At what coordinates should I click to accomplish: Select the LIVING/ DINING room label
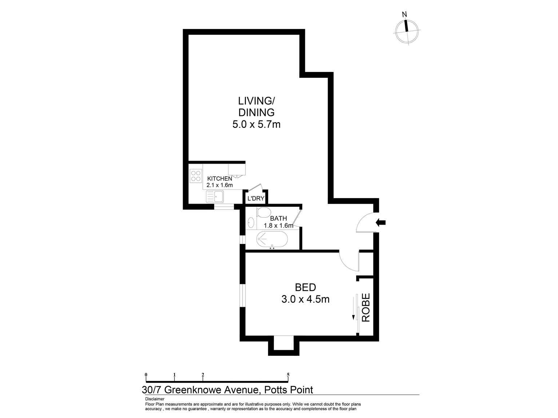256,106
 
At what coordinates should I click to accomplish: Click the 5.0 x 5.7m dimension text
256,125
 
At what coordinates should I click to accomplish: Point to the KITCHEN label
219,178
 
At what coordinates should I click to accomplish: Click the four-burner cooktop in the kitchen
195,176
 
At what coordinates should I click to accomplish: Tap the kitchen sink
215,197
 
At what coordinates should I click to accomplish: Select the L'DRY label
255,198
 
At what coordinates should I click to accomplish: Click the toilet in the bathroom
263,212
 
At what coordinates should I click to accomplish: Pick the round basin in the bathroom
251,222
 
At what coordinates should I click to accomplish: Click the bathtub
272,239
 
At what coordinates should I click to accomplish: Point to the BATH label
278,218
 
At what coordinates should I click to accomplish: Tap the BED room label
305,287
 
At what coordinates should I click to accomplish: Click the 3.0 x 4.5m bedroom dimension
305,299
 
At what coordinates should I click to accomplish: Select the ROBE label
366,307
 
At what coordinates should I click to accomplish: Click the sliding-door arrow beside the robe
353,308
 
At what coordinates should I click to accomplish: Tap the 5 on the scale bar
288,374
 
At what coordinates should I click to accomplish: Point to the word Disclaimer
155,399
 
